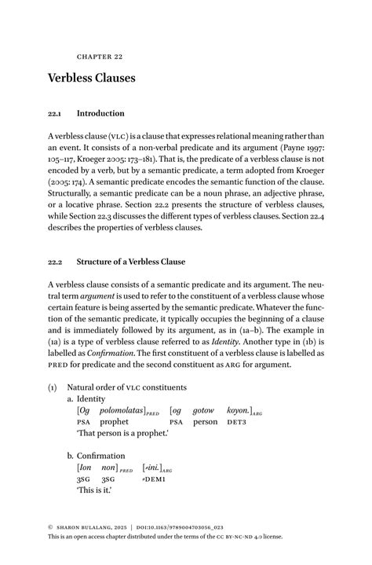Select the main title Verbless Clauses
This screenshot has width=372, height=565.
pyautogui.click(x=92, y=79)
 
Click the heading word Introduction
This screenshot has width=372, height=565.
pyautogui.click(x=100, y=113)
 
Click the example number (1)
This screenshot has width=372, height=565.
pyautogui.click(x=53, y=387)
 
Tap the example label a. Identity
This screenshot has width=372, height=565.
pyautogui.click(x=91, y=398)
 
